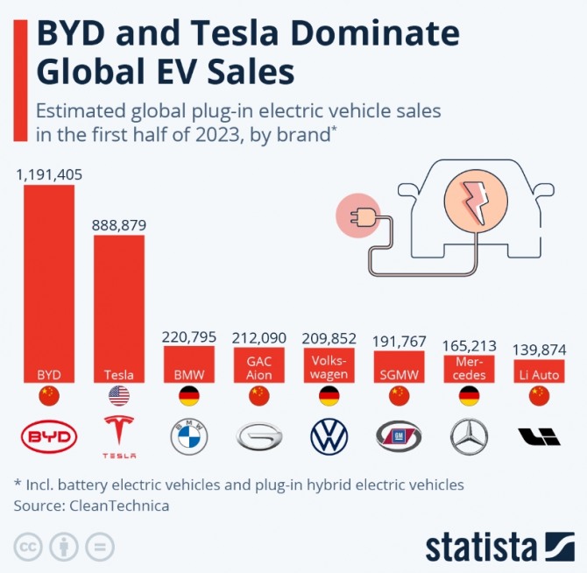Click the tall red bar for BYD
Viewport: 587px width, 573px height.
[x=49, y=280]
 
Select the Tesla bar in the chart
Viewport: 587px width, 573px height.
[x=119, y=307]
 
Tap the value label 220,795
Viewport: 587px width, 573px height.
[x=189, y=337]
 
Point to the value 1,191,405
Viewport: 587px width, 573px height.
[x=49, y=174]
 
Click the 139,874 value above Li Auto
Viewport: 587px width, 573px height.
[x=539, y=350]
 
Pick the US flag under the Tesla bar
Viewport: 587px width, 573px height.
[x=119, y=397]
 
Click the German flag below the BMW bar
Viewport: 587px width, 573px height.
[x=189, y=397]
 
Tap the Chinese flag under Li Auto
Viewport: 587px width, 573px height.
[x=539, y=397]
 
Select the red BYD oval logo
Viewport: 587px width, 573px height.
[x=49, y=436]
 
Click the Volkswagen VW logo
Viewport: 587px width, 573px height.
[x=329, y=436]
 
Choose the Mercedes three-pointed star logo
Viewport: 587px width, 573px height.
[x=470, y=436]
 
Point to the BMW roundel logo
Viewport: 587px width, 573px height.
[x=189, y=436]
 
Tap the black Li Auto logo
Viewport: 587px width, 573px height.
[x=539, y=436]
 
